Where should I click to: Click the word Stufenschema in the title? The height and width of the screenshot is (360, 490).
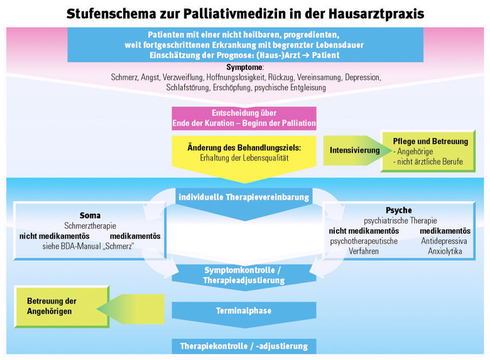pos(111,14)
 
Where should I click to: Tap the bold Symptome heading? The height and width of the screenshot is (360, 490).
pos(244,67)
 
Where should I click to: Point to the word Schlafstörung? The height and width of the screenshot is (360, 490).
pos(187,87)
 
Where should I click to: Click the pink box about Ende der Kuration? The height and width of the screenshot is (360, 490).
pos(244,118)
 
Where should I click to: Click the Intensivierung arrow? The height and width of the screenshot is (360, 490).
pos(357,150)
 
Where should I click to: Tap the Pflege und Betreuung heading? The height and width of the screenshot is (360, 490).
pos(430,141)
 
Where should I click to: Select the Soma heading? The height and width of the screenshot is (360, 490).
pos(90,215)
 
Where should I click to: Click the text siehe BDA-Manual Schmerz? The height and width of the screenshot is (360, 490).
pos(88,246)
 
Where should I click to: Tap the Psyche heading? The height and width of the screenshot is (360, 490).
pos(399,210)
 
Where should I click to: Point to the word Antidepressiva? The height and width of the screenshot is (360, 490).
pos(444,241)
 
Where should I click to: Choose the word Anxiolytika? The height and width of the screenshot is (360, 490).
pos(445,251)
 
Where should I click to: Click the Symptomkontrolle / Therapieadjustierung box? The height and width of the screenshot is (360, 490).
pos(244,277)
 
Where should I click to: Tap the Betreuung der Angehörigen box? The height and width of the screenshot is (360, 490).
pos(62,307)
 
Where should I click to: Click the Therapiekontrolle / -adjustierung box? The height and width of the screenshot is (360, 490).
pos(244,346)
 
